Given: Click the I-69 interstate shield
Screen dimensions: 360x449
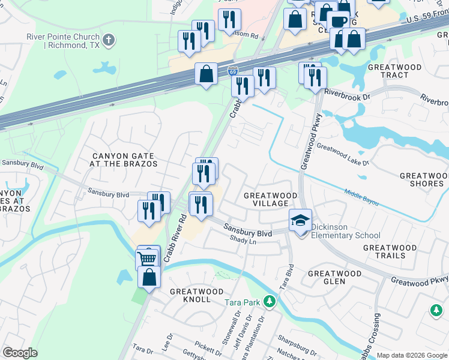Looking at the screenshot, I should click(232, 71).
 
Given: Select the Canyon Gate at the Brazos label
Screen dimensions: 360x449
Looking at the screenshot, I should click(124, 160).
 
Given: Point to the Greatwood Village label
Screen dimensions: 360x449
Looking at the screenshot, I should click(270, 200).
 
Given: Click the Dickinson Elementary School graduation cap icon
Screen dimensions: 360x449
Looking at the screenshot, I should click(300, 220).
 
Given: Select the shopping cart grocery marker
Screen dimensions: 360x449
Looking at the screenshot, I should click(148, 257).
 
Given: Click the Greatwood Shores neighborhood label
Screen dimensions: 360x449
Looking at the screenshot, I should click(422, 179).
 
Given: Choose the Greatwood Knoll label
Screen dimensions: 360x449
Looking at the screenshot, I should click(190, 295).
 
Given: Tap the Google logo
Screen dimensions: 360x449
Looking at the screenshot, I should click(20, 353).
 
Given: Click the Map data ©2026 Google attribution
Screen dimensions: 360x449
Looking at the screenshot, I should click(412, 355).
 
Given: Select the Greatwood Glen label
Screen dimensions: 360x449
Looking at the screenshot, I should click(334, 278).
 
